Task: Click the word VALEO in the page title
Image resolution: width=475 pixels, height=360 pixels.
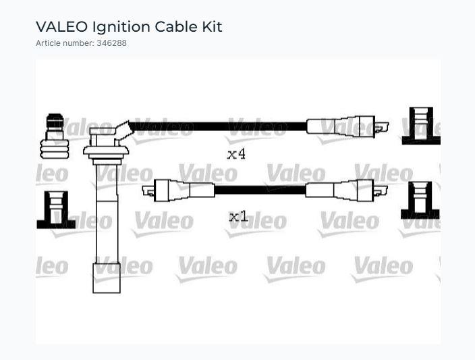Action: [x=61, y=27]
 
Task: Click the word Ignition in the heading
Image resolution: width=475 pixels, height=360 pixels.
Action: [x=121, y=27]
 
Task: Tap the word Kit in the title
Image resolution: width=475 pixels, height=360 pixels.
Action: [x=212, y=27]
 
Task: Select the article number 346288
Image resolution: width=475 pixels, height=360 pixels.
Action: [x=111, y=43]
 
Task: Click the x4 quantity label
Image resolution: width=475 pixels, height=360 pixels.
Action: [x=236, y=154]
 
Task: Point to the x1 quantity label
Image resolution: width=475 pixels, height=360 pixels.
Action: [x=238, y=217]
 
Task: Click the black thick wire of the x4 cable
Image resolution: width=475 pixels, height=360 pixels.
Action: [x=218, y=126]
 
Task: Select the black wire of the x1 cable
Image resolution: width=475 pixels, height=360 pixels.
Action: [x=260, y=190]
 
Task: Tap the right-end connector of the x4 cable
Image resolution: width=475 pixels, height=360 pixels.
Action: [x=347, y=126]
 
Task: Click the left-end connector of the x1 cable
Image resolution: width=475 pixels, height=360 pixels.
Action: [x=178, y=190]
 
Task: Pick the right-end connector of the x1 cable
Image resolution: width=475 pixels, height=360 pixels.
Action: [x=347, y=190]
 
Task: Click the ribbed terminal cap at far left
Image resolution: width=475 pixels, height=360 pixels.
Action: [x=55, y=136]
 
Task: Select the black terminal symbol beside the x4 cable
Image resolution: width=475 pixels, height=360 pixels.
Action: [x=421, y=126]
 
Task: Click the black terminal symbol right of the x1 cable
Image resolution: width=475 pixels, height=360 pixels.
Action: [x=420, y=201]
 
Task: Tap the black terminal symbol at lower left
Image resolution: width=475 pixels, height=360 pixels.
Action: [x=56, y=210]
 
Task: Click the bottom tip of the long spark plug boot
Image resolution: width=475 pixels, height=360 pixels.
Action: [x=107, y=293]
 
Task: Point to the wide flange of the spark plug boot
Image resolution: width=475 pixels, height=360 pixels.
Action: [x=106, y=151]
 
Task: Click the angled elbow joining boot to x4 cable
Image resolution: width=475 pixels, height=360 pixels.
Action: [x=123, y=131]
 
